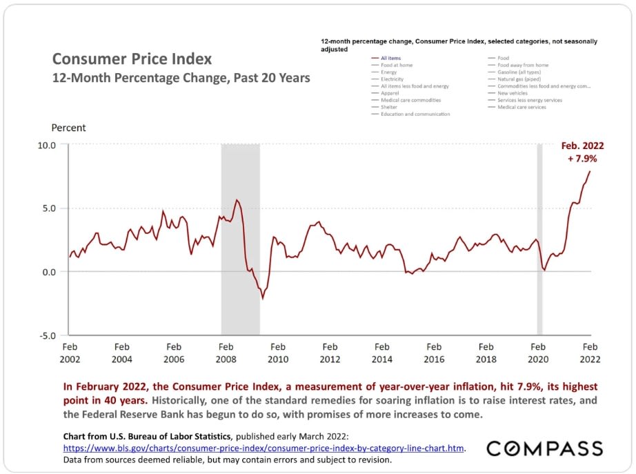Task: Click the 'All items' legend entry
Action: point(390,58)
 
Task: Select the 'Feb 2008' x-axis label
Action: point(226,353)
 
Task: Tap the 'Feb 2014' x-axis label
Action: point(381,353)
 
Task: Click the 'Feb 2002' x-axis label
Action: point(70,353)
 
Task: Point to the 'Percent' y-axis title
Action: point(69,128)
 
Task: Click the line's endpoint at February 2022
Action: point(590,171)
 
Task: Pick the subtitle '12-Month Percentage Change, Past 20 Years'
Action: point(181,78)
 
